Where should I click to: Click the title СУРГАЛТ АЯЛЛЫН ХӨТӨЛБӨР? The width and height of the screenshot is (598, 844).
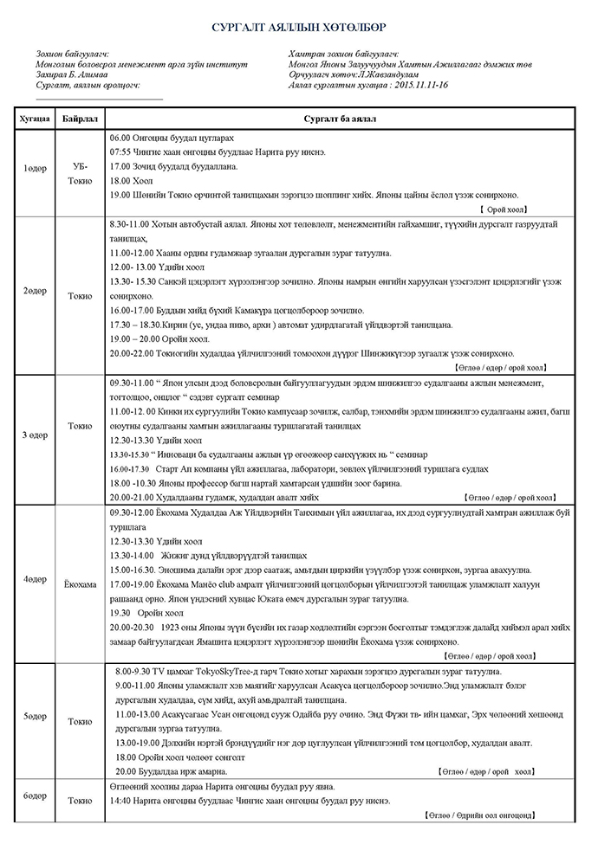[x=299, y=28]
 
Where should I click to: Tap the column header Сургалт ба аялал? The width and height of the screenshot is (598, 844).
[x=338, y=117]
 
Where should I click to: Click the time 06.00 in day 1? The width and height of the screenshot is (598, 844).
[x=120, y=138]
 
